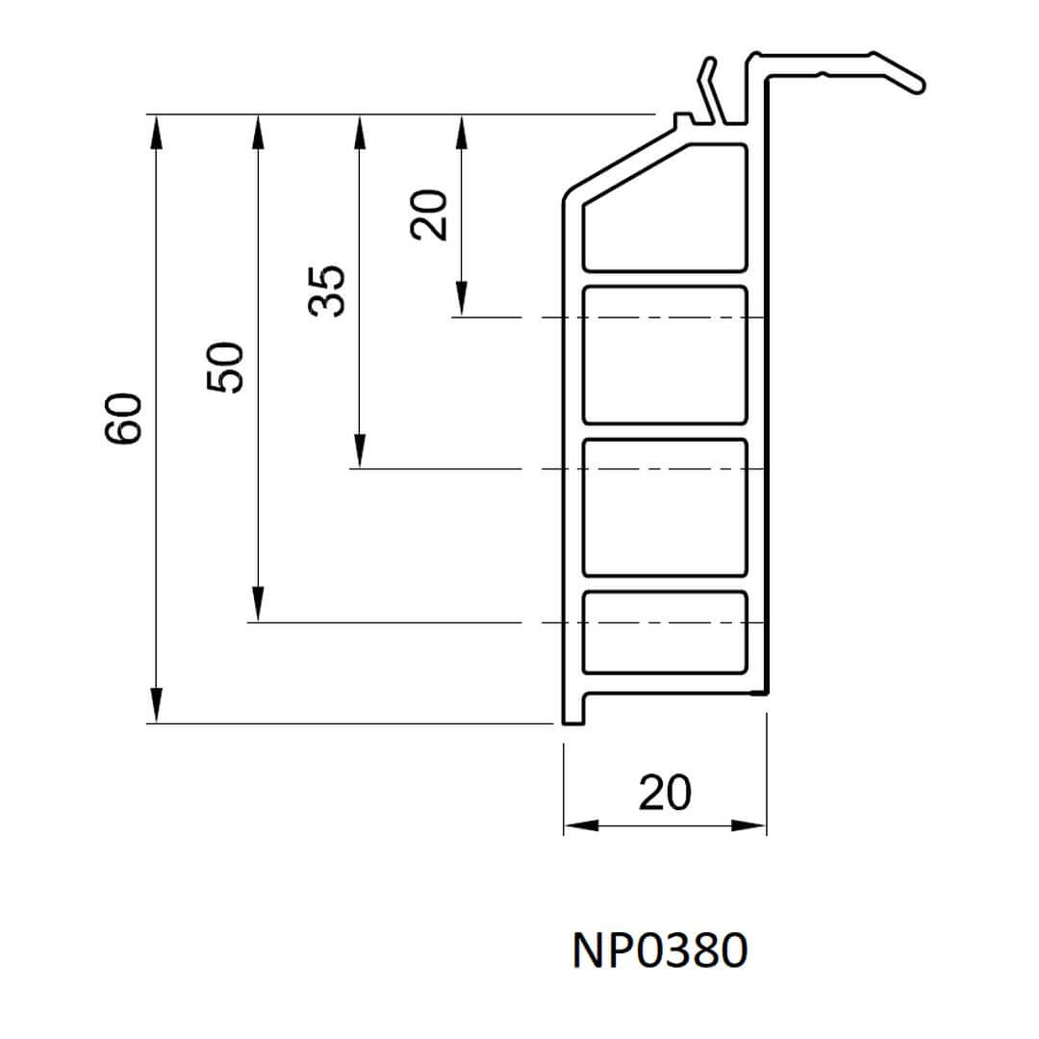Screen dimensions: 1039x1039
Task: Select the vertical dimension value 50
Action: (227, 367)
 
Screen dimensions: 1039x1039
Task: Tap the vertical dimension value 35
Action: (327, 291)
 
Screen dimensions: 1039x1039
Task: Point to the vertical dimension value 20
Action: (429, 214)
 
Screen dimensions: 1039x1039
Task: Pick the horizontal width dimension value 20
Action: (665, 793)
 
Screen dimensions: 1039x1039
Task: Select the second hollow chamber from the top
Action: (665, 354)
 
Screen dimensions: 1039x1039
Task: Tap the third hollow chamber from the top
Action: (665, 507)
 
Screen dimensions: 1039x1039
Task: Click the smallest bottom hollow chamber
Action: (665, 631)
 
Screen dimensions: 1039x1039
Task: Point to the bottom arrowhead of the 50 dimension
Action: (258, 607)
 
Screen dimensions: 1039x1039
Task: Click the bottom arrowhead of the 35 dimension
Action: (359, 453)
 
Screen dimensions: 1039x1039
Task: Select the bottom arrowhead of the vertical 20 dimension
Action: (461, 300)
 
